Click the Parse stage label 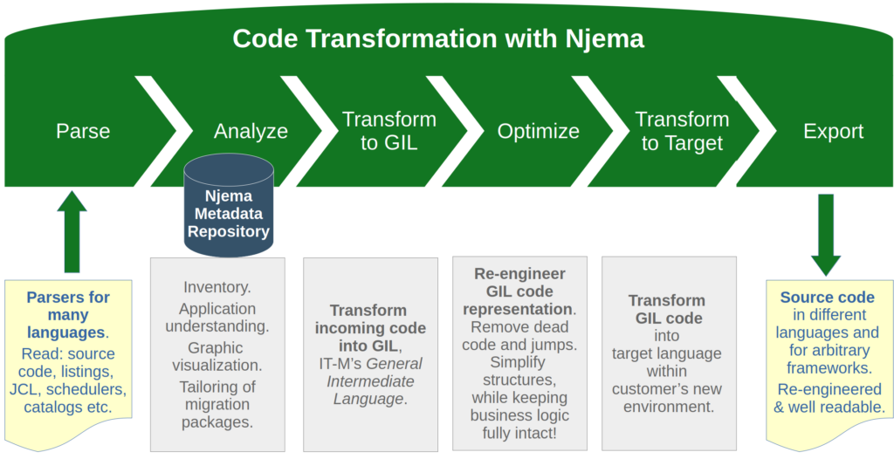click(x=83, y=131)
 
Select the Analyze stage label click(x=251, y=131)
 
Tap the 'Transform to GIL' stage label click(x=389, y=131)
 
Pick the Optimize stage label click(x=538, y=131)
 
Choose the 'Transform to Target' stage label click(x=682, y=131)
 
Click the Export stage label click(x=833, y=131)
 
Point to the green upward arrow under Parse click(x=72, y=230)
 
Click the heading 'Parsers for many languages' click(x=68, y=314)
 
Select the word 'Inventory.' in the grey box click(x=217, y=286)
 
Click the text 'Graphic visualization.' click(x=217, y=356)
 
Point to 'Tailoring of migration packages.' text click(x=217, y=405)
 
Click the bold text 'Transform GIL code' click(x=666, y=309)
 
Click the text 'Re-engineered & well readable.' click(x=827, y=398)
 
